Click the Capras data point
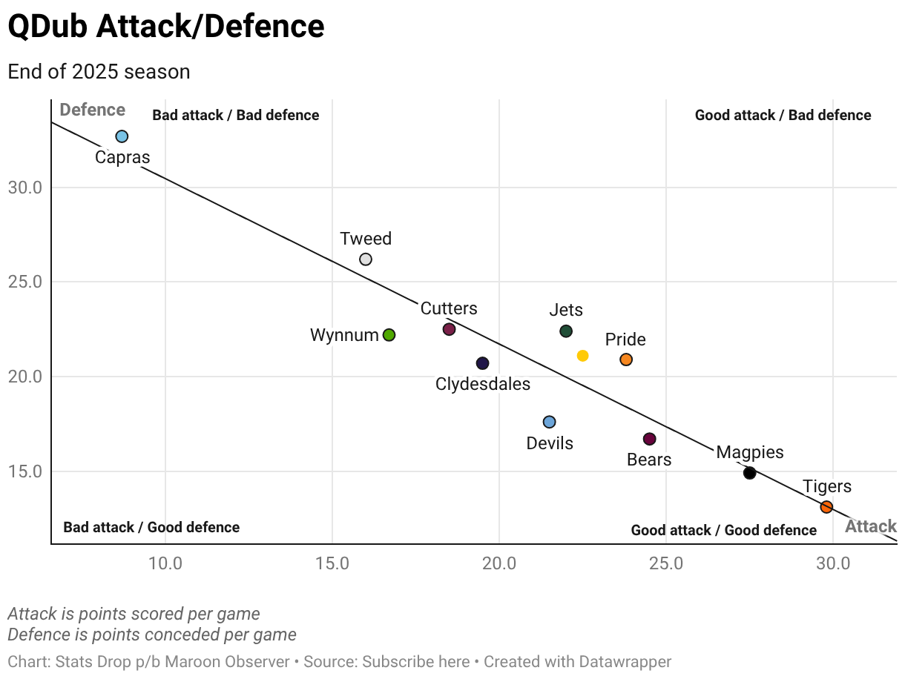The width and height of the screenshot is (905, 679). [122, 136]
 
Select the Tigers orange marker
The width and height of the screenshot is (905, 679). [826, 507]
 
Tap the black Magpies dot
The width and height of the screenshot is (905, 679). [749, 473]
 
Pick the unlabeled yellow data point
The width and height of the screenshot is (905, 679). [582, 356]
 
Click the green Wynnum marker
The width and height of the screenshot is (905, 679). [389, 335]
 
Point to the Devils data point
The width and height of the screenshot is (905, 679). [549, 422]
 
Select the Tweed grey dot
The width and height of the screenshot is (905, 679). [365, 259]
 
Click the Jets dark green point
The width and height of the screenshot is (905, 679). [566, 331]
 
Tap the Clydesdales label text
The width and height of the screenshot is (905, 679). [483, 384]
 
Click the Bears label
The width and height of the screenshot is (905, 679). [649, 460]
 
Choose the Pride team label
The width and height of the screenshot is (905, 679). [625, 339]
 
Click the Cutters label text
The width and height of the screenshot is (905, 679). [449, 308]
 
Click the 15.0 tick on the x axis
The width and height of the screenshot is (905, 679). [332, 563]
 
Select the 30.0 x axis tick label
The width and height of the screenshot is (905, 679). [833, 563]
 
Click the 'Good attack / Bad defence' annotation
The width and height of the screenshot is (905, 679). [783, 115]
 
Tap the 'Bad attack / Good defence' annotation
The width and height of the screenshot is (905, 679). [151, 528]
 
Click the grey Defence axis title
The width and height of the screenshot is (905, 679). [92, 110]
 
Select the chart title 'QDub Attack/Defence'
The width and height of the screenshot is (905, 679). [166, 27]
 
